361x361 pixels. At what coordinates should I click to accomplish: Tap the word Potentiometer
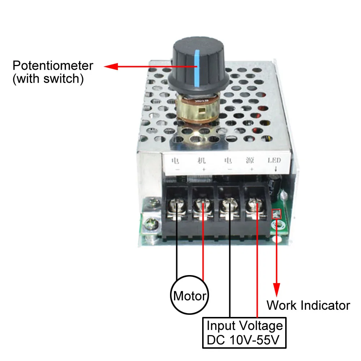[53, 66]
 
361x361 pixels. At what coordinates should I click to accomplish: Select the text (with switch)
[48, 79]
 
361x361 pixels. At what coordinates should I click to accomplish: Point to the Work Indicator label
[308, 305]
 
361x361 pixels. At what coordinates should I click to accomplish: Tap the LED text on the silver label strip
[274, 160]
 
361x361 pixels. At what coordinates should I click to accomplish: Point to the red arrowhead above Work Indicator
[277, 289]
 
